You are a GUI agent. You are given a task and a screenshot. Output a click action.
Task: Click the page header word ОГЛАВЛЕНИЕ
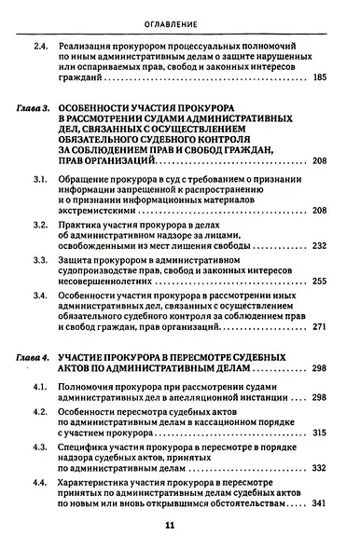click(180, 21)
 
